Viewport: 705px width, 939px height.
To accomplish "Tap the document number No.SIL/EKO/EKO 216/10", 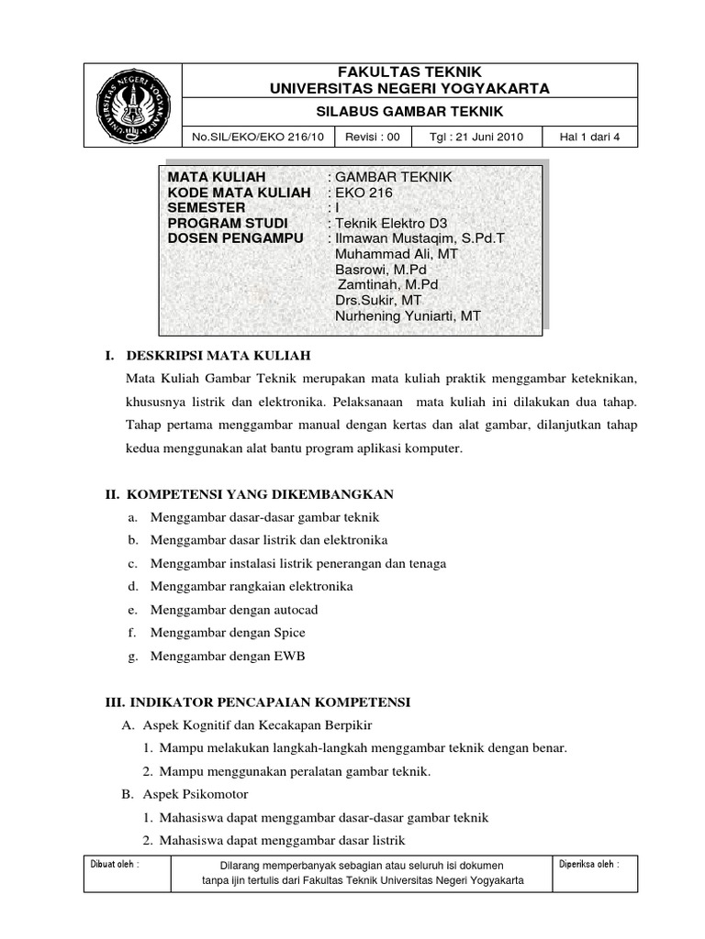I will (258, 138).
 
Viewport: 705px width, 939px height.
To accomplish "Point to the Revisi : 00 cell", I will (372, 138).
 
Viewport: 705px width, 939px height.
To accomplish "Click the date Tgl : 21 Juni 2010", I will (476, 138).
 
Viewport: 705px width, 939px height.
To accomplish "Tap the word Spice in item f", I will (288, 633).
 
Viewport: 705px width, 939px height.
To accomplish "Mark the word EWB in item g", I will (288, 656).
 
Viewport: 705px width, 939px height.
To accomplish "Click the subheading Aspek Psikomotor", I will (197, 793).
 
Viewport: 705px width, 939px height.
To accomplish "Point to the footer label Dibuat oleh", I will (114, 865).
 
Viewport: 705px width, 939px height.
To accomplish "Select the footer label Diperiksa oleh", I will (588, 865).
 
